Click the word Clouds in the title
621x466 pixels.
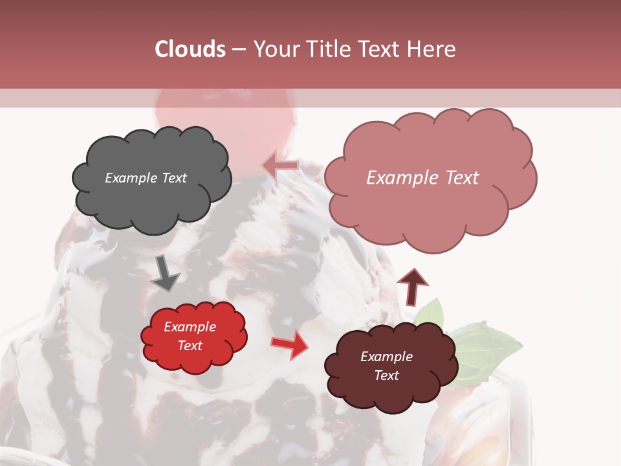tap(190, 49)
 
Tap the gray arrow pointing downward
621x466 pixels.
tap(166, 273)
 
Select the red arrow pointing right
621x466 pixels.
tap(290, 345)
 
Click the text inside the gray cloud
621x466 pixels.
tap(146, 178)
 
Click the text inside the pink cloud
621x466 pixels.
tap(422, 178)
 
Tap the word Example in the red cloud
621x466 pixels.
tap(190, 327)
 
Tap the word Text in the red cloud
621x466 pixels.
tap(190, 346)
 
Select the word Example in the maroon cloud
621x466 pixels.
tap(386, 357)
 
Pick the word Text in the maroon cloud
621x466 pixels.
tap(386, 375)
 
